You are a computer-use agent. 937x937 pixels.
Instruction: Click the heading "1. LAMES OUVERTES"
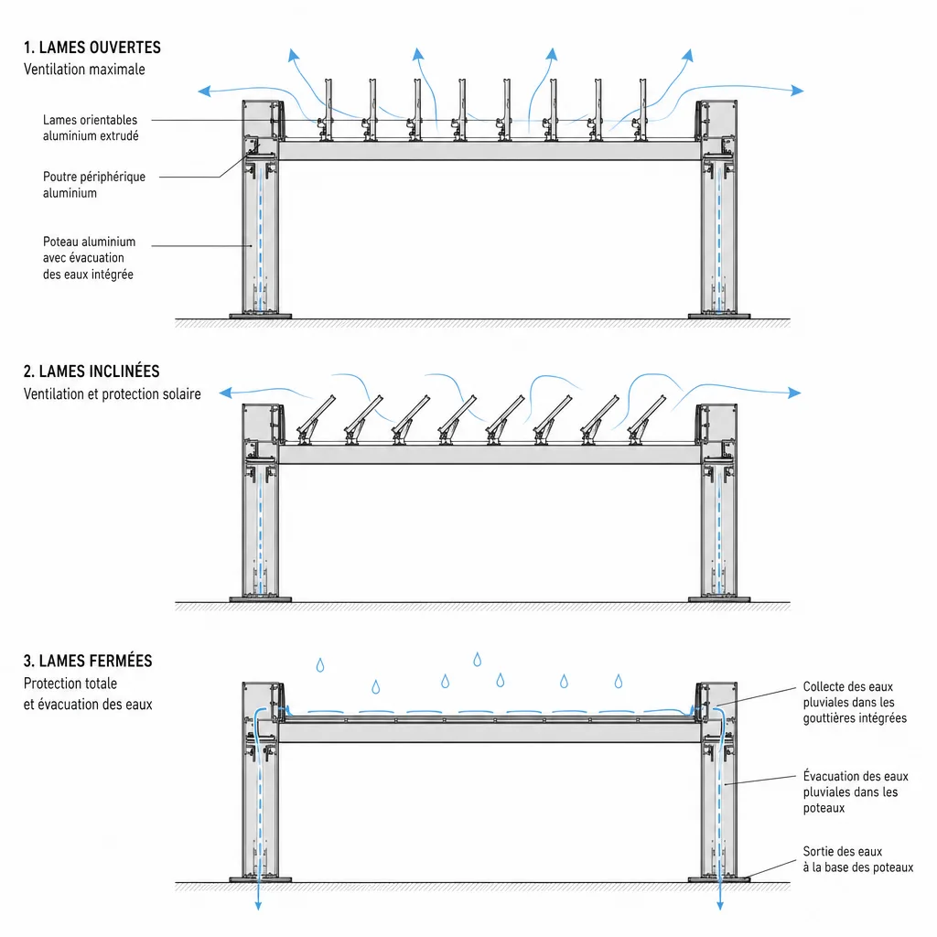(x=92, y=48)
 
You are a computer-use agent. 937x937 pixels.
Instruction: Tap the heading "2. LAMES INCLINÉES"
(x=92, y=372)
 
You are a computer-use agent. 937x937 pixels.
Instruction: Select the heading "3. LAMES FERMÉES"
(x=88, y=661)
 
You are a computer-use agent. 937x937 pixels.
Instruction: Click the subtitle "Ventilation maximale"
(x=84, y=70)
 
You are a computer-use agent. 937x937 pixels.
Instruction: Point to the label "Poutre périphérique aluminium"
(x=94, y=185)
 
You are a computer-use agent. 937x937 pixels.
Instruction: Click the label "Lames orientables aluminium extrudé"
(x=91, y=128)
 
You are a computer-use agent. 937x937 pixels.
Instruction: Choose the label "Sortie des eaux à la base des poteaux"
(x=858, y=859)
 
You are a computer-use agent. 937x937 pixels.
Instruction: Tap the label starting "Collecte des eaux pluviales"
(x=855, y=702)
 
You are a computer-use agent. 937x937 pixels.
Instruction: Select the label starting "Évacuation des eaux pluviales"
(x=856, y=792)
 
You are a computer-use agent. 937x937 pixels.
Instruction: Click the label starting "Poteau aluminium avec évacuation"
(x=89, y=258)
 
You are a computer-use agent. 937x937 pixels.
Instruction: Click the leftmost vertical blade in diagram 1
(x=327, y=110)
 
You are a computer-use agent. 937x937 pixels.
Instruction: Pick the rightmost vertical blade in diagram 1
(x=641, y=110)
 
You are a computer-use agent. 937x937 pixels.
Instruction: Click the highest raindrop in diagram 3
(x=477, y=660)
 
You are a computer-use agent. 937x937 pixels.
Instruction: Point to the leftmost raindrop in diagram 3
(x=320, y=665)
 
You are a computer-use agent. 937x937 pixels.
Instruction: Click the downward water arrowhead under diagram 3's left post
(x=258, y=905)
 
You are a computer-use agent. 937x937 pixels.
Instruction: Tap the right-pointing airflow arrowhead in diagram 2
(x=795, y=393)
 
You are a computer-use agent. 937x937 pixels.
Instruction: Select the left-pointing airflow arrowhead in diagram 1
(x=204, y=91)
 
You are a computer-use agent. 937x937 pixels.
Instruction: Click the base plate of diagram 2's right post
(x=719, y=599)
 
